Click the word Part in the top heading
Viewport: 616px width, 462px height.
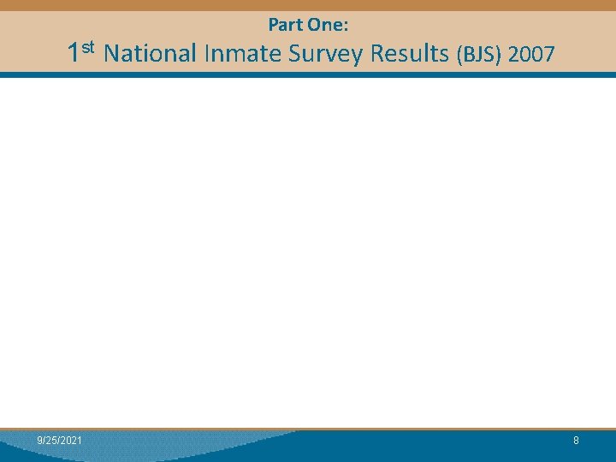point(284,26)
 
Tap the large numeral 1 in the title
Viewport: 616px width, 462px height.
point(74,54)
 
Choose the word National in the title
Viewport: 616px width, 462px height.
point(150,54)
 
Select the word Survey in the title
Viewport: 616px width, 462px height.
point(325,55)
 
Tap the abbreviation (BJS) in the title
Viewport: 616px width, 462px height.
point(479,56)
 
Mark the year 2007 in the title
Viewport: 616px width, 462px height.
point(531,55)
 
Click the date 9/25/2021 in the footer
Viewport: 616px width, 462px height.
point(60,440)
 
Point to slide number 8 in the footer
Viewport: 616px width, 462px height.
point(576,440)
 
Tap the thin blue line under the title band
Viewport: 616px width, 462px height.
point(308,74)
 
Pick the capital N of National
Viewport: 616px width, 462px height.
point(110,54)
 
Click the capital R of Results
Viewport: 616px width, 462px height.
point(375,54)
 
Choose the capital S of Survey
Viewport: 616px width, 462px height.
point(295,54)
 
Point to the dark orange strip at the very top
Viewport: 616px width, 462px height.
point(308,4)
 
